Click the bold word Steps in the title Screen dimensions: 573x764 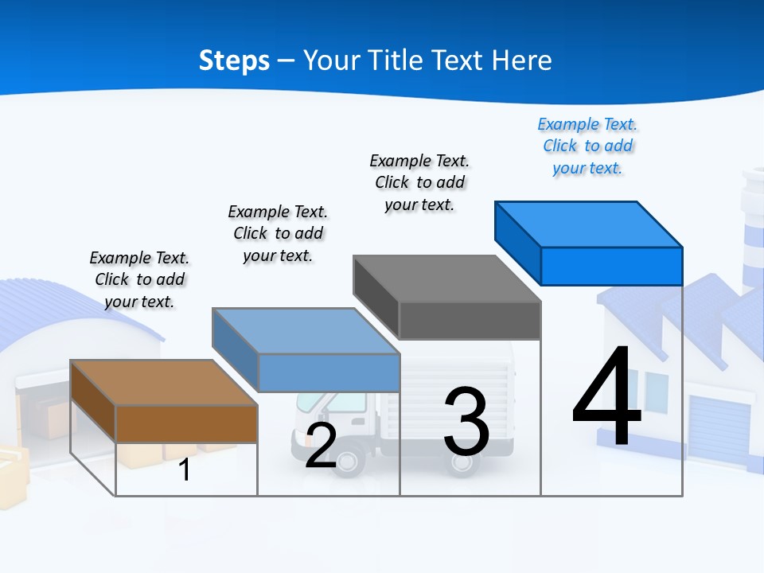point(234,60)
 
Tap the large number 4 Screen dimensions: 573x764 point(606,398)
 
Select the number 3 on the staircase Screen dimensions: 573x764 point(466,422)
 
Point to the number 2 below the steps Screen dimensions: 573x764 point(321,446)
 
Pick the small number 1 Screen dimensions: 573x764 point(184,470)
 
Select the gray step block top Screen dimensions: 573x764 point(446,279)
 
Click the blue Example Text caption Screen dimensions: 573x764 point(587,146)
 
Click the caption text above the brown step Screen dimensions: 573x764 point(139,280)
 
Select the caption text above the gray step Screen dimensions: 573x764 point(419,183)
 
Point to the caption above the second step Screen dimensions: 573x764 point(278,234)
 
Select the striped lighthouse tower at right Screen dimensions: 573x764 point(751,231)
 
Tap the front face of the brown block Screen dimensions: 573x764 point(186,424)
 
